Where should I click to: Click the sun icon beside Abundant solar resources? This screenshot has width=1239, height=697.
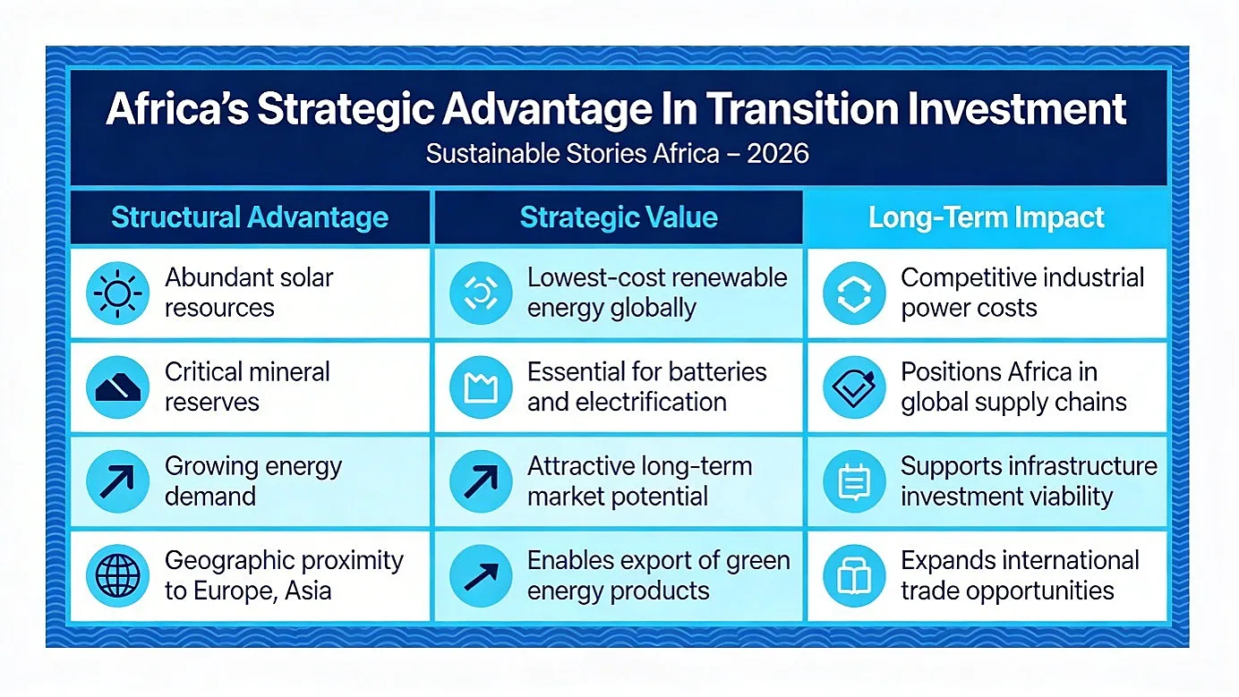point(117,293)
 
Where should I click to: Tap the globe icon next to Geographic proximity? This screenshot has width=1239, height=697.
point(117,575)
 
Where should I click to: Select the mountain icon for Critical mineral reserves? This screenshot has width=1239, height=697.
point(117,387)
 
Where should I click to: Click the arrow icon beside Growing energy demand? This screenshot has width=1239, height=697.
point(117,480)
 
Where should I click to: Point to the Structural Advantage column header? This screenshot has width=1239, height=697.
point(250,217)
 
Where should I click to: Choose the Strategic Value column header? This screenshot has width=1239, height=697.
point(619,217)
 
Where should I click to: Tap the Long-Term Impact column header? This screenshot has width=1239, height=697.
point(987,217)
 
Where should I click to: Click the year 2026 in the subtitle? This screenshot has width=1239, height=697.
point(778,154)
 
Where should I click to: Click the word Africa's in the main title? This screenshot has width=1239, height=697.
point(177,109)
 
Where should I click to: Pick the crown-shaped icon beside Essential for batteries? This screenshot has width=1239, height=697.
point(481,387)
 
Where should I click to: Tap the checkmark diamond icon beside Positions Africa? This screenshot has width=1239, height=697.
point(854,387)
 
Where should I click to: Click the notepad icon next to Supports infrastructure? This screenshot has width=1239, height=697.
point(854,480)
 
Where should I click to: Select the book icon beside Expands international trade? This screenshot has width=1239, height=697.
point(854,575)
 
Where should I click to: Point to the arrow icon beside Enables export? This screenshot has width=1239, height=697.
point(481,575)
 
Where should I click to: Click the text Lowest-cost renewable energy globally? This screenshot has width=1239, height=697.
point(657,293)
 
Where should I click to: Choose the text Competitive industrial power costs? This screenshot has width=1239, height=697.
point(1022,293)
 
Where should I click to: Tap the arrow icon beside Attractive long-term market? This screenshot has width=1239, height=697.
point(481,480)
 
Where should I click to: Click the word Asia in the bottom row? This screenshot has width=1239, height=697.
point(308,591)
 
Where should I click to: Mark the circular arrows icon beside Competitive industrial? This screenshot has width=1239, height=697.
point(854,293)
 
